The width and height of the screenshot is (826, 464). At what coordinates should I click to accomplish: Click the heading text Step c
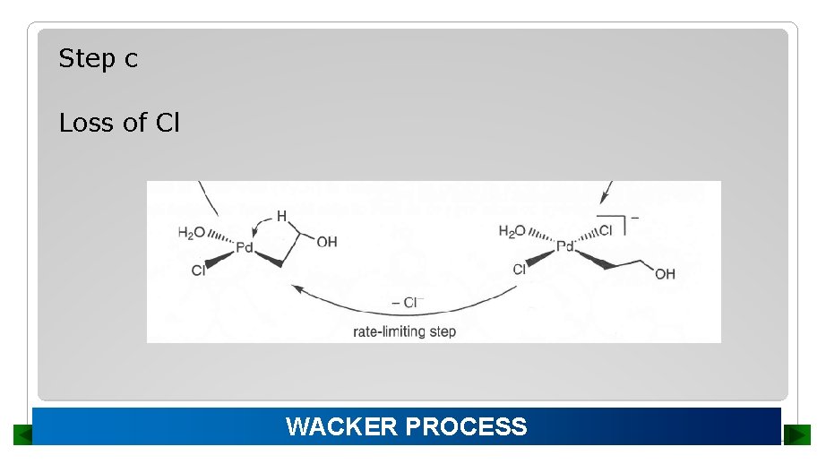pyautogui.click(x=98, y=59)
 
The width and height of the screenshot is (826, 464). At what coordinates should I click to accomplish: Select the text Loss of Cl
pyautogui.click(x=119, y=123)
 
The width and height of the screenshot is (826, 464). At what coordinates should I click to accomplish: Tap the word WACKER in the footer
pyautogui.click(x=342, y=426)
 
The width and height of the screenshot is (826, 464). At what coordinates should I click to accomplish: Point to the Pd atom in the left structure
pyautogui.click(x=245, y=247)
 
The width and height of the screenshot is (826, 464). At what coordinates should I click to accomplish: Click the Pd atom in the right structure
pyautogui.click(x=564, y=246)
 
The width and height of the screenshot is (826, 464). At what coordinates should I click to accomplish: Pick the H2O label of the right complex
pyautogui.click(x=512, y=232)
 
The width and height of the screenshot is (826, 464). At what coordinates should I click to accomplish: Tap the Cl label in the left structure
pyautogui.click(x=198, y=271)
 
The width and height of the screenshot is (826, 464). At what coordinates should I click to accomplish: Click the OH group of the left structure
pyautogui.click(x=327, y=242)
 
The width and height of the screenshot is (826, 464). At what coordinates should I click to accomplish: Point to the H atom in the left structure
pyautogui.click(x=281, y=216)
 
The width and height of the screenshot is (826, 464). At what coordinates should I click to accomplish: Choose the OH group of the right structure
pyautogui.click(x=665, y=274)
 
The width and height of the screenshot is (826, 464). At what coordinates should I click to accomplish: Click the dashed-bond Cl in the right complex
pyautogui.click(x=606, y=230)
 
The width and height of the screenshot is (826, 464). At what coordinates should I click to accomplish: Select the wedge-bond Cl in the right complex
pyautogui.click(x=520, y=269)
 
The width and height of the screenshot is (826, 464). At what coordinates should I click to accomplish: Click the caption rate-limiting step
pyautogui.click(x=404, y=331)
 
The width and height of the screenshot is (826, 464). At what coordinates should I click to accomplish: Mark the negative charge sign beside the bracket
pyautogui.click(x=635, y=218)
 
